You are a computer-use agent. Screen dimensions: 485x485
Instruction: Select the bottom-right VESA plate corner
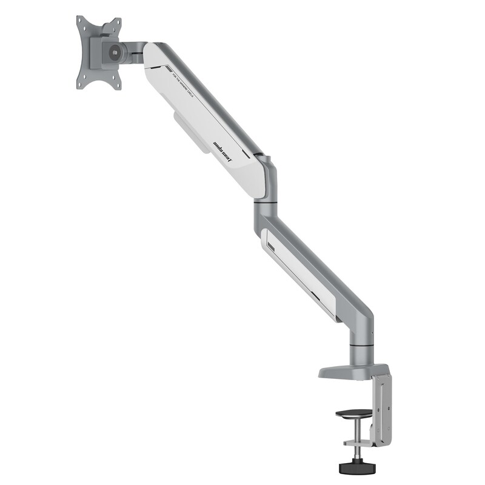(118, 85)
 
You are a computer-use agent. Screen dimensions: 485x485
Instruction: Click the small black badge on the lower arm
(271, 246)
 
